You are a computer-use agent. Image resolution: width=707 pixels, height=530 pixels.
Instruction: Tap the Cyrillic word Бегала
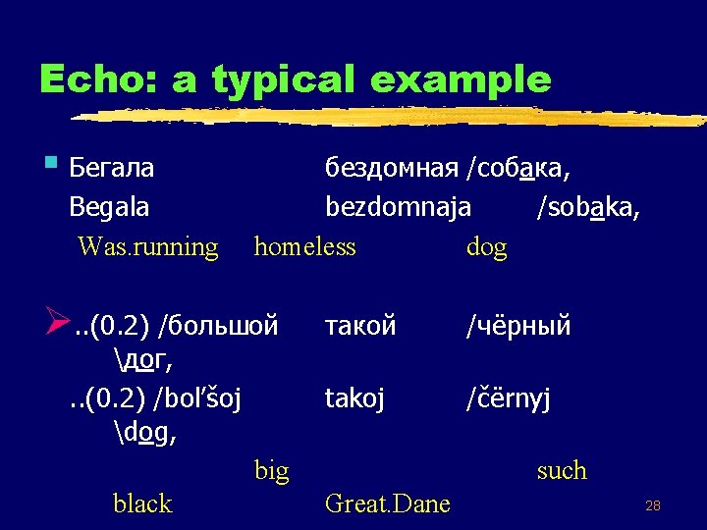(112, 168)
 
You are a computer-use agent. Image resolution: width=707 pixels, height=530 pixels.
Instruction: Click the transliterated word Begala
(109, 207)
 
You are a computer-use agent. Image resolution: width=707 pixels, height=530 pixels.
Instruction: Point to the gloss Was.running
(147, 246)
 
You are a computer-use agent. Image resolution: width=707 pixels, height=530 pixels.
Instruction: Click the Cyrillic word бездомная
(392, 168)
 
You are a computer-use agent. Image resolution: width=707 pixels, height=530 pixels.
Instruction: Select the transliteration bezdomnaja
(398, 207)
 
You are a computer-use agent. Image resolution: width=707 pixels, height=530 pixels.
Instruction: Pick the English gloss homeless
(304, 246)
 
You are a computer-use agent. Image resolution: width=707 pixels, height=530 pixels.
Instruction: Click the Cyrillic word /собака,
(519, 168)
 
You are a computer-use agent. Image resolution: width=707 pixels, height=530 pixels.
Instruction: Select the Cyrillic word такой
(360, 325)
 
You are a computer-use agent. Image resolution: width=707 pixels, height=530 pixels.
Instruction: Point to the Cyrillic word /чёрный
(518, 325)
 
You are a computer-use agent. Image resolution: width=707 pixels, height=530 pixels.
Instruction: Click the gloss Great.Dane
(387, 503)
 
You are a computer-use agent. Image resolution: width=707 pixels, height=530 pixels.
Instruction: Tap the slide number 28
(652, 505)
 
